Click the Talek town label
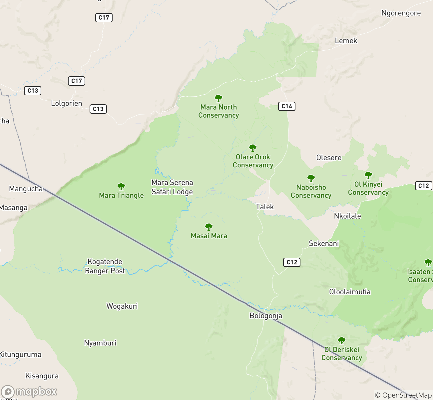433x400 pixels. pos(265,207)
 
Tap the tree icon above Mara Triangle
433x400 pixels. pos(121,187)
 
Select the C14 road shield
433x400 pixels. pos(287,106)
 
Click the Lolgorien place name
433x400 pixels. pos(66,103)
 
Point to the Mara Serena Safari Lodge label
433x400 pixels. pos(172,187)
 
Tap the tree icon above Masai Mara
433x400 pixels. pos(209,227)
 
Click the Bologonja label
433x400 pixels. pos(266,316)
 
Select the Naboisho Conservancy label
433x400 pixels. pos(311,191)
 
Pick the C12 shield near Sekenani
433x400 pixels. pos(292,262)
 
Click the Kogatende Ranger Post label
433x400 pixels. pos(105,266)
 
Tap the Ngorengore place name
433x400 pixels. pos(401,13)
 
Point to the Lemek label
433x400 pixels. pos(346,41)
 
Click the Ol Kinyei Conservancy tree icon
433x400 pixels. pos(368,175)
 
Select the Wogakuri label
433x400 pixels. pos(122,306)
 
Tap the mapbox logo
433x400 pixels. pos(29,392)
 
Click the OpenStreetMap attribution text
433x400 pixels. pos(403,395)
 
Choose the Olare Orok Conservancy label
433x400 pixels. pos(253,161)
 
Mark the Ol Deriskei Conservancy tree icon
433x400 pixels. pos(341,341)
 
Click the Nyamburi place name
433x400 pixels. pos(100,343)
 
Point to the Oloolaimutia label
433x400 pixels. pos(350,292)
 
